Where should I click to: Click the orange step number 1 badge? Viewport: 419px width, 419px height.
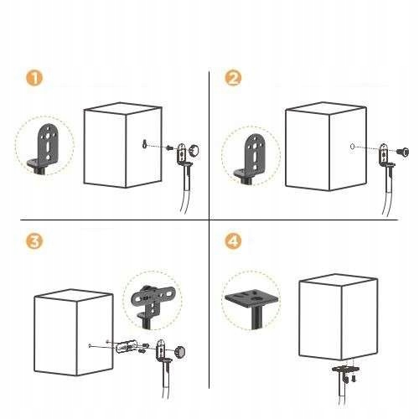tap(34, 78)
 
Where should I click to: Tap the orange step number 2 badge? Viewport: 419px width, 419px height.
tap(233, 78)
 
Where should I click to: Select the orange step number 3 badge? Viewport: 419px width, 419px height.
tap(34, 241)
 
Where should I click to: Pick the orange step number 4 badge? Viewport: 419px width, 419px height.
tap(233, 241)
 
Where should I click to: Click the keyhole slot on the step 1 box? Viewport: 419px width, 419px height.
tap(144, 144)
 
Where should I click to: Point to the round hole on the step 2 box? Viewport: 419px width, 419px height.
tap(352, 146)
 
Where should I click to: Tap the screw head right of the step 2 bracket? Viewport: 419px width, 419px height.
tap(403, 152)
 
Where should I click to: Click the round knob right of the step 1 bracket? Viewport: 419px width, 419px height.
tap(194, 150)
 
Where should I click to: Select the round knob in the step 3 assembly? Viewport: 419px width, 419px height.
tap(180, 352)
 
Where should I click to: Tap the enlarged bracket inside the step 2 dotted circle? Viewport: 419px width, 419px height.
tap(253, 158)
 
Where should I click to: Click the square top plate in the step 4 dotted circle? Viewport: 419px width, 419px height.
tap(252, 299)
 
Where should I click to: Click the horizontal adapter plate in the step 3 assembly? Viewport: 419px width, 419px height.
tap(127, 346)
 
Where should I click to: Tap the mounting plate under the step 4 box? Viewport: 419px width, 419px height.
tap(345, 369)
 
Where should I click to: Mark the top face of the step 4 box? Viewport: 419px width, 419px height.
tap(339, 280)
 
